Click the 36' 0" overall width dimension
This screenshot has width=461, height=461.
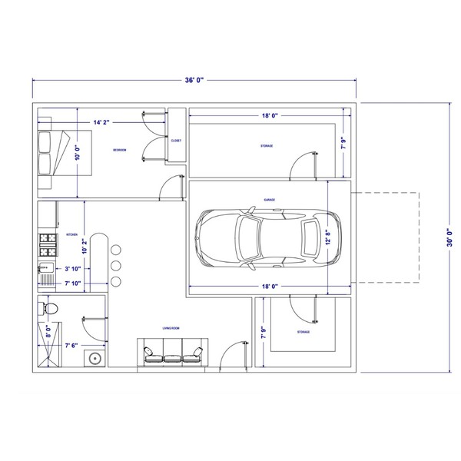pos(194,80)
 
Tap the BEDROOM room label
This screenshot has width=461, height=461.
pos(119,149)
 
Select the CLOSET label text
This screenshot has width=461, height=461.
pos(176,141)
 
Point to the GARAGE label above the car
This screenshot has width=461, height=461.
pos(270,199)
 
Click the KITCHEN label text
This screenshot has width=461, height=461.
pos(72,234)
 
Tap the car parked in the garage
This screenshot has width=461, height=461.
pos(262,238)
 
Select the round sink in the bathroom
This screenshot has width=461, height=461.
pos(95,357)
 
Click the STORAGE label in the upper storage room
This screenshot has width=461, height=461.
pos(266,145)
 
